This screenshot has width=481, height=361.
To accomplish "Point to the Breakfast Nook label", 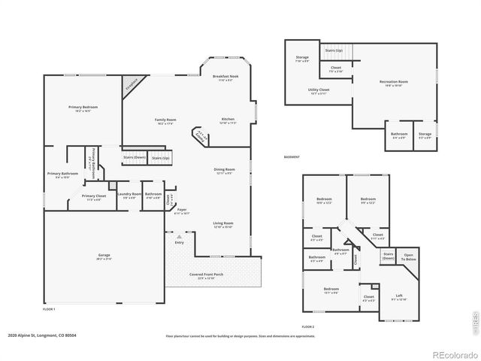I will click(x=226, y=77).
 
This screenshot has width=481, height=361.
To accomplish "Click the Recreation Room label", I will click(x=393, y=82).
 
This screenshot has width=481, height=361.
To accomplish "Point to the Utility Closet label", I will click(x=319, y=90).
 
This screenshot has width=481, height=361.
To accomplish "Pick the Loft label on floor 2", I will click(x=399, y=296).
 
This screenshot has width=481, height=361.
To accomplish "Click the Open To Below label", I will click(x=409, y=256).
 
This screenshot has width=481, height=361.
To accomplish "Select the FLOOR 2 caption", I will click(x=307, y=327).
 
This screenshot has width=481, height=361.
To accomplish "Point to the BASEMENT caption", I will click(x=292, y=157).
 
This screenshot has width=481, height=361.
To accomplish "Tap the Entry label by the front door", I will click(x=179, y=242).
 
